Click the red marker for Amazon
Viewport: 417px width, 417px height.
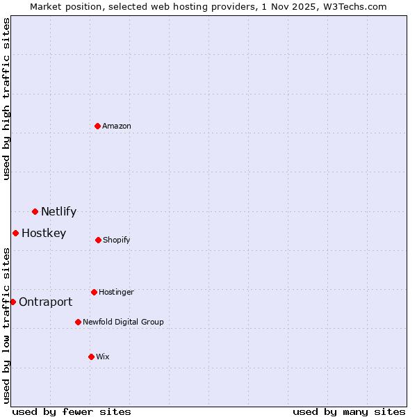point(97,126)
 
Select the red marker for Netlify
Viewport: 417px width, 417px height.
point(35,211)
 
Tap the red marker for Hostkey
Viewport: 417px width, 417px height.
point(15,233)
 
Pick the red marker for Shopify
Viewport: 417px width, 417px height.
point(98,240)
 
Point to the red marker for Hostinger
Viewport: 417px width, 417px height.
point(94,292)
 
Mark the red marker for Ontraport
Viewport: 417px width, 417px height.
point(13,302)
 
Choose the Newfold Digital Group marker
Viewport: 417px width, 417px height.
point(78,322)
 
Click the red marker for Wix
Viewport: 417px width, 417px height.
point(91,357)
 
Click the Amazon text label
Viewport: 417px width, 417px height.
point(117,126)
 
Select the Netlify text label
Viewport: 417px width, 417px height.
point(58,211)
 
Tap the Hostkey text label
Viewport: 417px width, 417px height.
point(44,233)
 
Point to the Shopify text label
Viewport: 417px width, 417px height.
point(117,240)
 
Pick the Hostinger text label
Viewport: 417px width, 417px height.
point(116,292)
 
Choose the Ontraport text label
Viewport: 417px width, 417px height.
point(45,302)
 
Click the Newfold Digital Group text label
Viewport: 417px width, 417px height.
point(123,322)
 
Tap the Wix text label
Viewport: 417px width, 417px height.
point(103,357)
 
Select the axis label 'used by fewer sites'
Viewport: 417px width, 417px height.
point(72,411)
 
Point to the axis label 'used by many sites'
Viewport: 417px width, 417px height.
point(349,411)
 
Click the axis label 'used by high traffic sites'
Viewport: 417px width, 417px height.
point(6,99)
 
